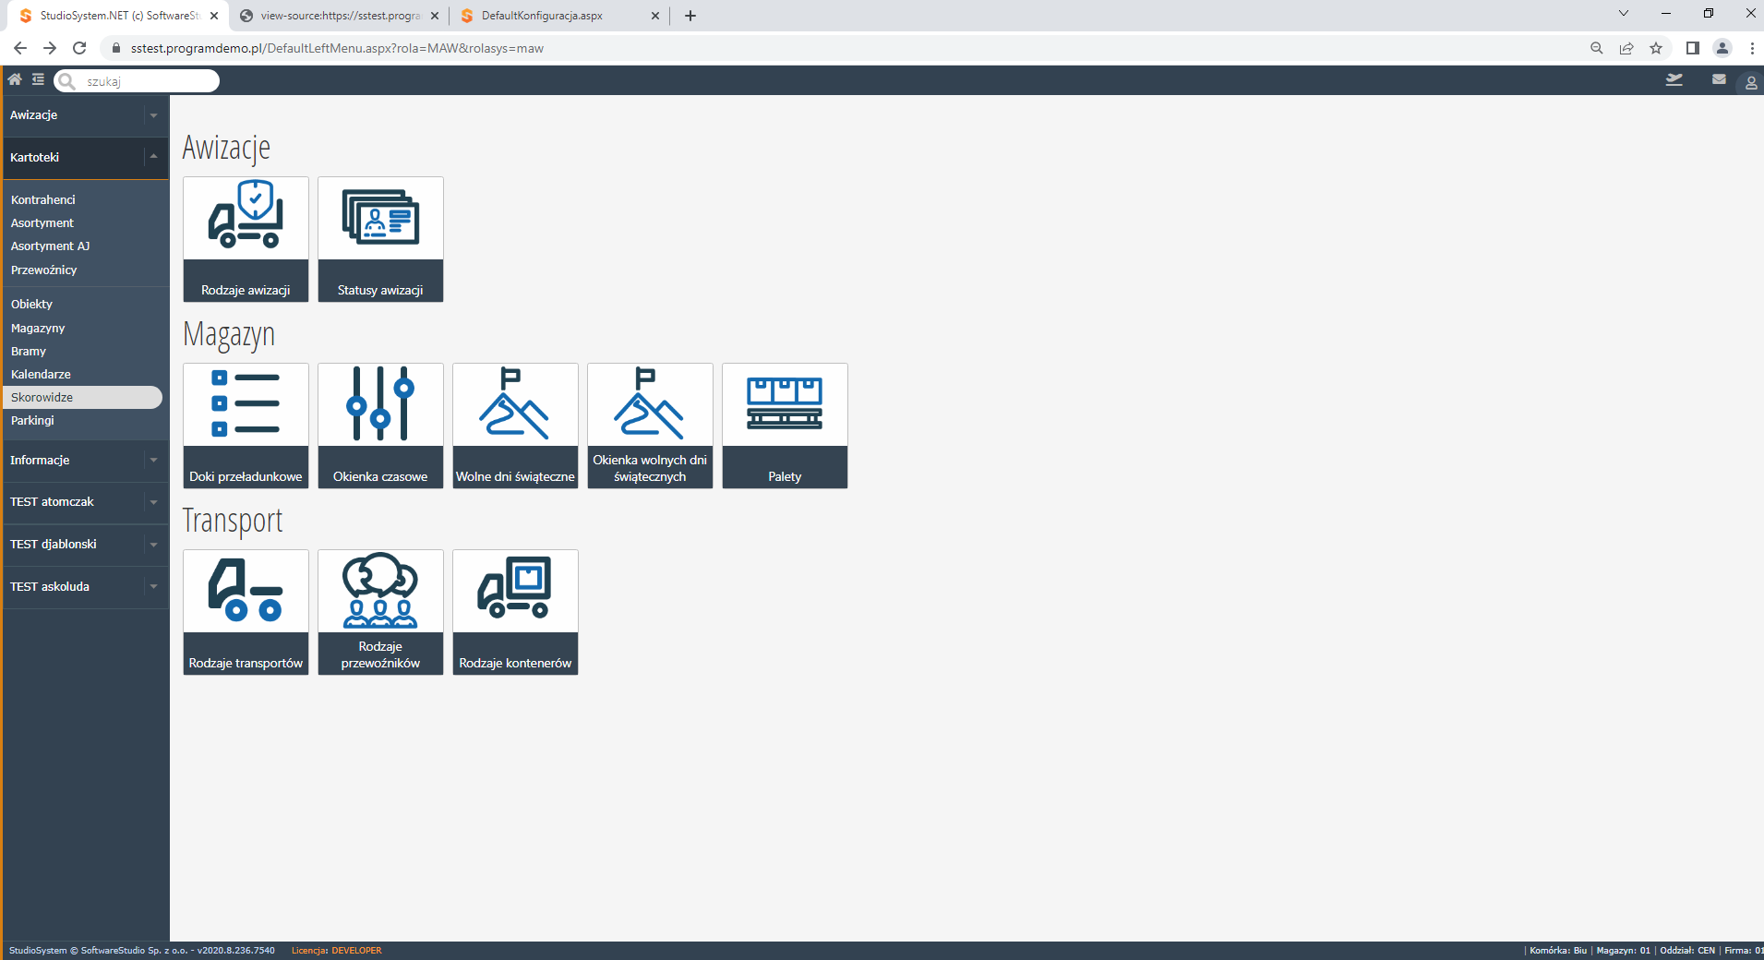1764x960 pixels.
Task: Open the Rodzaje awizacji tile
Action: click(246, 239)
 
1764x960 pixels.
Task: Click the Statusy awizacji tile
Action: click(380, 239)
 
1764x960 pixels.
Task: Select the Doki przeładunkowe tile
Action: click(246, 426)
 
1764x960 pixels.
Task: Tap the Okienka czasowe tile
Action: click(380, 426)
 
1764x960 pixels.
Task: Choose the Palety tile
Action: click(785, 426)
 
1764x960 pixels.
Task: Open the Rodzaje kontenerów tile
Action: click(515, 612)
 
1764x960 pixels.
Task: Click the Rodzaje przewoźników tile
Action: click(380, 612)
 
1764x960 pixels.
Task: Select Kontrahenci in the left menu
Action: click(43, 199)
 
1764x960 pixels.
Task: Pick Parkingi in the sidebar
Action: click(32, 420)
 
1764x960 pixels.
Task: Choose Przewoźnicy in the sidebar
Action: click(43, 270)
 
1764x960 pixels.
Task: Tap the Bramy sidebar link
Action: click(29, 351)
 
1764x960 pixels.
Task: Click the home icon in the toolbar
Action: click(15, 79)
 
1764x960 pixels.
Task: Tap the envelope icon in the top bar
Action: click(1719, 79)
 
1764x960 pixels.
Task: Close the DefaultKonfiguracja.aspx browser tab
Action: click(655, 16)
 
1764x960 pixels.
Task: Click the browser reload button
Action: click(79, 48)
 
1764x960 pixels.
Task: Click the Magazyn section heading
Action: click(229, 334)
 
